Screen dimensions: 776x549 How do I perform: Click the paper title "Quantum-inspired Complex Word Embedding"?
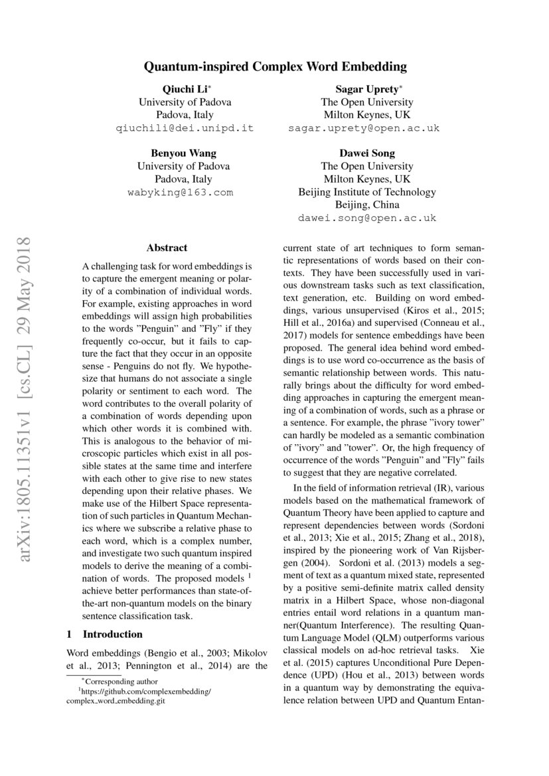pyautogui.click(x=275, y=66)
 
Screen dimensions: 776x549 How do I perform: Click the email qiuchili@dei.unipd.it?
pyautogui.click(x=185, y=128)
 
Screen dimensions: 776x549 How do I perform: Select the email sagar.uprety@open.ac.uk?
pyautogui.click(x=364, y=128)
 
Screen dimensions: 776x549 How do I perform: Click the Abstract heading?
pyautogui.click(x=167, y=248)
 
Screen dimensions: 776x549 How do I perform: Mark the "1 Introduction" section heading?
pyautogui.click(x=105, y=634)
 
